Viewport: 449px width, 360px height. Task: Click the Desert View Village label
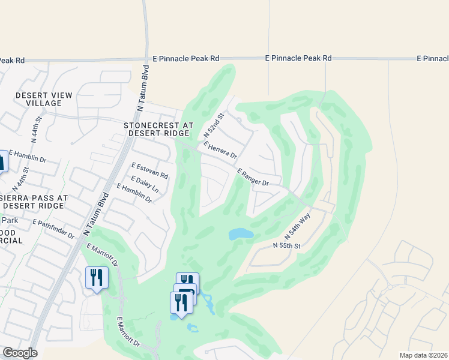[x=44, y=99]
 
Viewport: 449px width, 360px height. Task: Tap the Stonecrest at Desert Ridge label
[x=158, y=129]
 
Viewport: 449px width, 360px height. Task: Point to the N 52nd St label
[x=217, y=124]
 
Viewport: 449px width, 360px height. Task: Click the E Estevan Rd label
[x=149, y=170]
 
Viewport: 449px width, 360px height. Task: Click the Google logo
[x=19, y=353]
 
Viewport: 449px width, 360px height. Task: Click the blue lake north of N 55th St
[x=241, y=234]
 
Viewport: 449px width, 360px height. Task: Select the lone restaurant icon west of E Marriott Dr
[x=97, y=278]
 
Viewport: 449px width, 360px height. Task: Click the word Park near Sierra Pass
[x=11, y=221]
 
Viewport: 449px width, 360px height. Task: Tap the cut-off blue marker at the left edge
[x=2, y=161]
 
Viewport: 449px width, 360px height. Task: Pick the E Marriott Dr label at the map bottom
[x=128, y=332]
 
